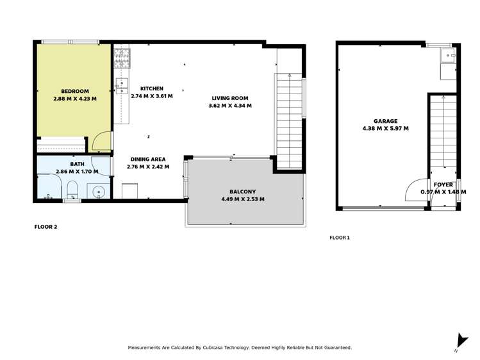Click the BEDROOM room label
coord(75,92)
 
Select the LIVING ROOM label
coord(230,99)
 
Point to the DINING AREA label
coord(148,160)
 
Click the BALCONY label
coord(242,192)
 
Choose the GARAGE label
coord(386,121)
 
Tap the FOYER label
coord(443,184)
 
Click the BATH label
coord(77,165)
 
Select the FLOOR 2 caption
coord(46,227)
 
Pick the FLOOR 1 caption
coord(340,238)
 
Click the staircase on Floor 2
coord(289,122)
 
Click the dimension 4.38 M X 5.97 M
coord(386,128)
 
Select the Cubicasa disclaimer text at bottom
coord(240,347)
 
